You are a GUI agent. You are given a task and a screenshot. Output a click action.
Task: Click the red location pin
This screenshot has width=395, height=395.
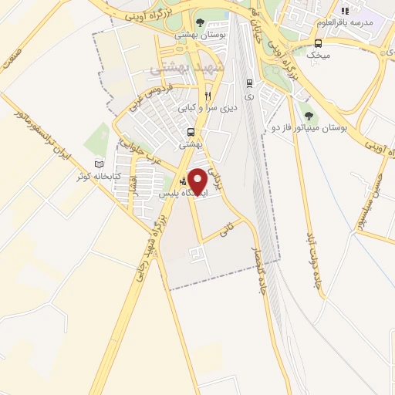(197, 181)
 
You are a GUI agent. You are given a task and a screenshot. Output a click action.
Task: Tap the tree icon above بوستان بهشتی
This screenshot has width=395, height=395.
(201, 22)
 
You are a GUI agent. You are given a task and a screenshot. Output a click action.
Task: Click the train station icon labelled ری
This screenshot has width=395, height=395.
(248, 83)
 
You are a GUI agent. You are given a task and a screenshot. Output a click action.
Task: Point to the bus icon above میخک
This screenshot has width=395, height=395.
(318, 43)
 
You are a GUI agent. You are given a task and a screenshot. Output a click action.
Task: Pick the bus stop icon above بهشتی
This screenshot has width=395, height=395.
(190, 132)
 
